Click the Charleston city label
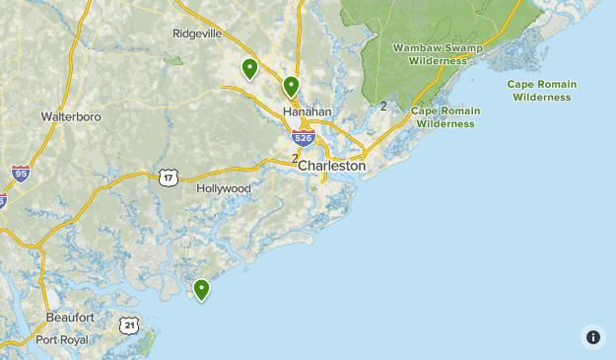pyautogui.click(x=331, y=167)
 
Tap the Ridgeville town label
pyautogui.click(x=198, y=33)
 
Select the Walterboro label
pyautogui.click(x=71, y=116)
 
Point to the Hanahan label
pyautogui.click(x=307, y=112)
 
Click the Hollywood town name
pyautogui.click(x=224, y=188)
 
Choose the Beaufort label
pyautogui.click(x=70, y=318)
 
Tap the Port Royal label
pyautogui.click(x=62, y=339)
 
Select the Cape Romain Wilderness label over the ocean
pyautogui.click(x=541, y=91)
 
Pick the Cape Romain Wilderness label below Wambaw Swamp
pyautogui.click(x=445, y=117)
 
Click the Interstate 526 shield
pyautogui.click(x=304, y=140)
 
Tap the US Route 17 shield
pyautogui.click(x=168, y=177)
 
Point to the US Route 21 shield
pyautogui.click(x=129, y=324)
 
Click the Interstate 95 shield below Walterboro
pyautogui.click(x=21, y=174)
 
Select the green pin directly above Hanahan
pyautogui.click(x=291, y=87)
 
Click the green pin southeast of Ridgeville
pyautogui.click(x=249, y=68)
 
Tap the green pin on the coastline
pyautogui.click(x=201, y=289)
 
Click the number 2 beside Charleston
pyautogui.click(x=295, y=158)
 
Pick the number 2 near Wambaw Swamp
pyautogui.click(x=382, y=106)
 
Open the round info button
pyautogui.click(x=592, y=337)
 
